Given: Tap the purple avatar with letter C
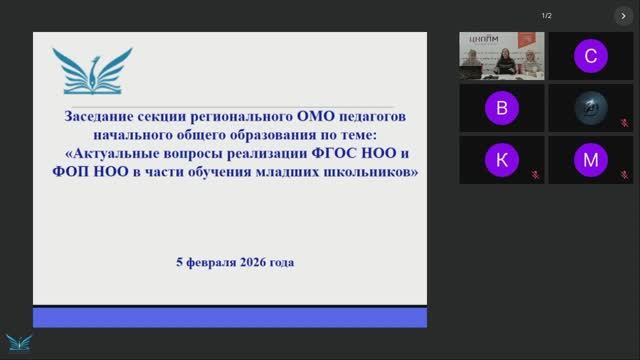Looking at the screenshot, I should [591, 57].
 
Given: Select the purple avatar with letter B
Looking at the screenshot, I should [502, 108].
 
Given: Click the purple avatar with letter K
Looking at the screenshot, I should [502, 160].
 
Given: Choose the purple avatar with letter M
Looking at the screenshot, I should [591, 160].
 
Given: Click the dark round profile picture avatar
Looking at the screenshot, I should [591, 108].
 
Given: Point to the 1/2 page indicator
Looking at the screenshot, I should [547, 16].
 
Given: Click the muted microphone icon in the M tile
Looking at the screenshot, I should [624, 175].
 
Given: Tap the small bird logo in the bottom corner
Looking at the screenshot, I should [15, 342].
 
